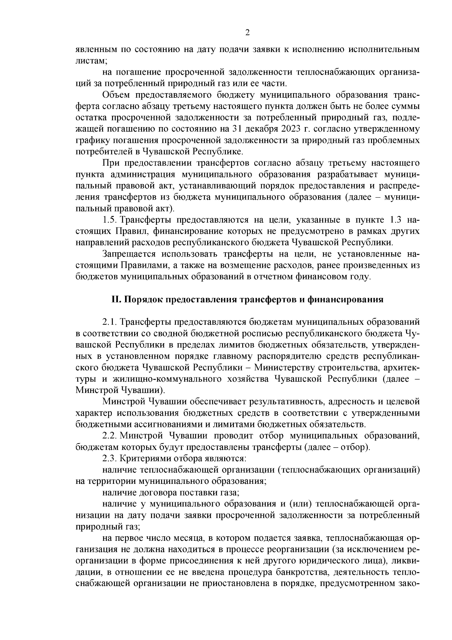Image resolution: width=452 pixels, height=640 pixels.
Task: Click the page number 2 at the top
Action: [x=247, y=32]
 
